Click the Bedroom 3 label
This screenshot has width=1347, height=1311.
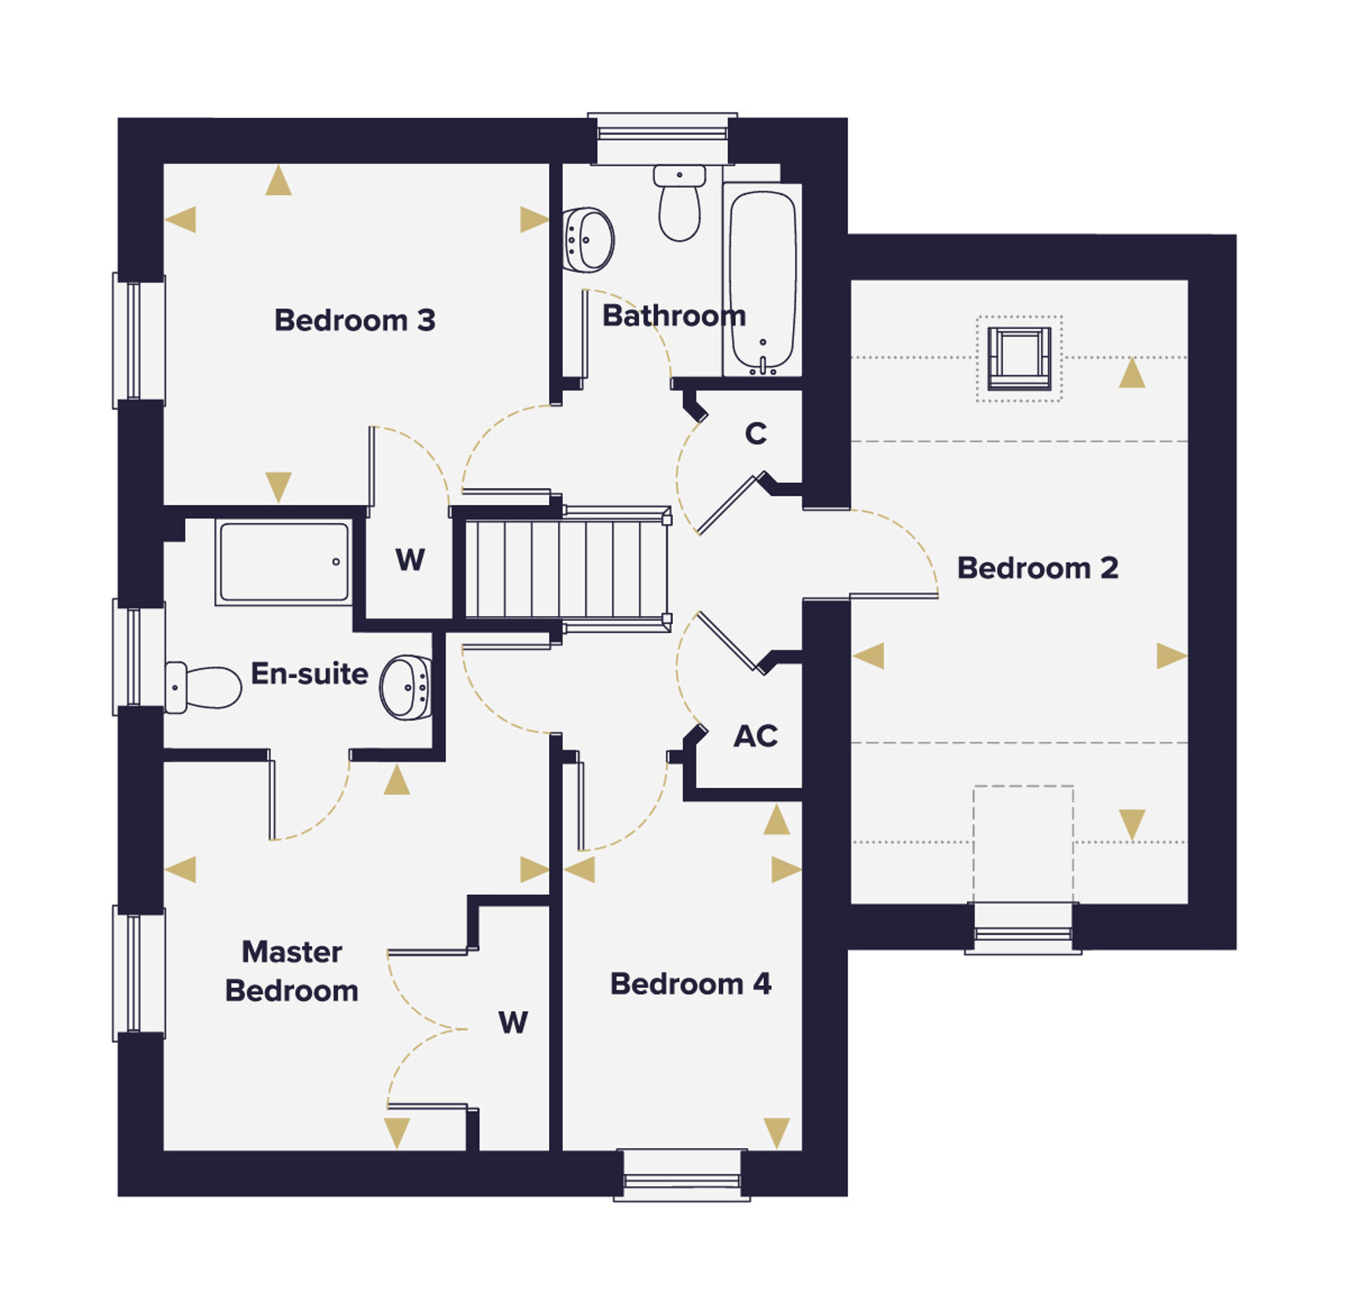(x=355, y=321)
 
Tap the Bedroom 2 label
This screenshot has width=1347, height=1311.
(x=1037, y=568)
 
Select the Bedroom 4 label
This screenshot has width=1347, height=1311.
(x=691, y=984)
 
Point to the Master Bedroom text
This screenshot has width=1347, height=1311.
(x=292, y=972)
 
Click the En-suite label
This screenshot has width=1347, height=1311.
(x=309, y=673)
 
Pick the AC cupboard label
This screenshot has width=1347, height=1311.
(x=756, y=736)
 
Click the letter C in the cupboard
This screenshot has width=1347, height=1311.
(x=756, y=434)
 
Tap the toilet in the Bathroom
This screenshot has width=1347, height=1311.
(x=680, y=203)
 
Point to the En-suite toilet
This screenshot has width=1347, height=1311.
(x=203, y=687)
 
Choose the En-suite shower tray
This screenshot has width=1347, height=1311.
(x=283, y=562)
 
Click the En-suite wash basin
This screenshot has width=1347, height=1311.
(x=406, y=688)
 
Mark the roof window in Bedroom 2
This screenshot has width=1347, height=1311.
(x=1019, y=359)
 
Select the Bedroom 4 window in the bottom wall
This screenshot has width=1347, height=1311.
(x=682, y=1176)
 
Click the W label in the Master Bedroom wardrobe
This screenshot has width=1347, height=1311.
(x=513, y=1023)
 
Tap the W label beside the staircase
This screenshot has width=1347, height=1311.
(x=409, y=560)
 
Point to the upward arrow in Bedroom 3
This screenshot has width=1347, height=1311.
(x=278, y=180)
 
